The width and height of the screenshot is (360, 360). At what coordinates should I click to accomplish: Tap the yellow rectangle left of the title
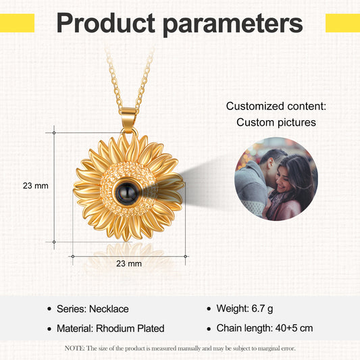[x=17, y=23]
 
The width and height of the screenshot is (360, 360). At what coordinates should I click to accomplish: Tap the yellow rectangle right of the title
[x=342, y=23]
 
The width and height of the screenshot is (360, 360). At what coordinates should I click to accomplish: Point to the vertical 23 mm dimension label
[x=36, y=185]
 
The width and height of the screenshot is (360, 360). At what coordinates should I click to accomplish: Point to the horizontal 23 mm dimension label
[x=128, y=263]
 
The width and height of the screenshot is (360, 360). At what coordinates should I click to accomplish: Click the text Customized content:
[x=276, y=106]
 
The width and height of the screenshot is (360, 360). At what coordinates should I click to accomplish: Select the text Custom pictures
[x=276, y=123]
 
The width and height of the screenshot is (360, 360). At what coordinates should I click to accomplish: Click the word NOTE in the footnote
[x=74, y=349]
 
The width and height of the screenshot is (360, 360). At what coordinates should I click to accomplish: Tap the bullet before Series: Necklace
[x=49, y=309]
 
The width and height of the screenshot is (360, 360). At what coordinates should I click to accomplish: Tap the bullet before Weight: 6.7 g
[x=209, y=309]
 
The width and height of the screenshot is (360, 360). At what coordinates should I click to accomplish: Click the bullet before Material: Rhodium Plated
[x=49, y=330]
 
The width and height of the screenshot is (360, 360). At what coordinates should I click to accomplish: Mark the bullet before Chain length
[x=209, y=330]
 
